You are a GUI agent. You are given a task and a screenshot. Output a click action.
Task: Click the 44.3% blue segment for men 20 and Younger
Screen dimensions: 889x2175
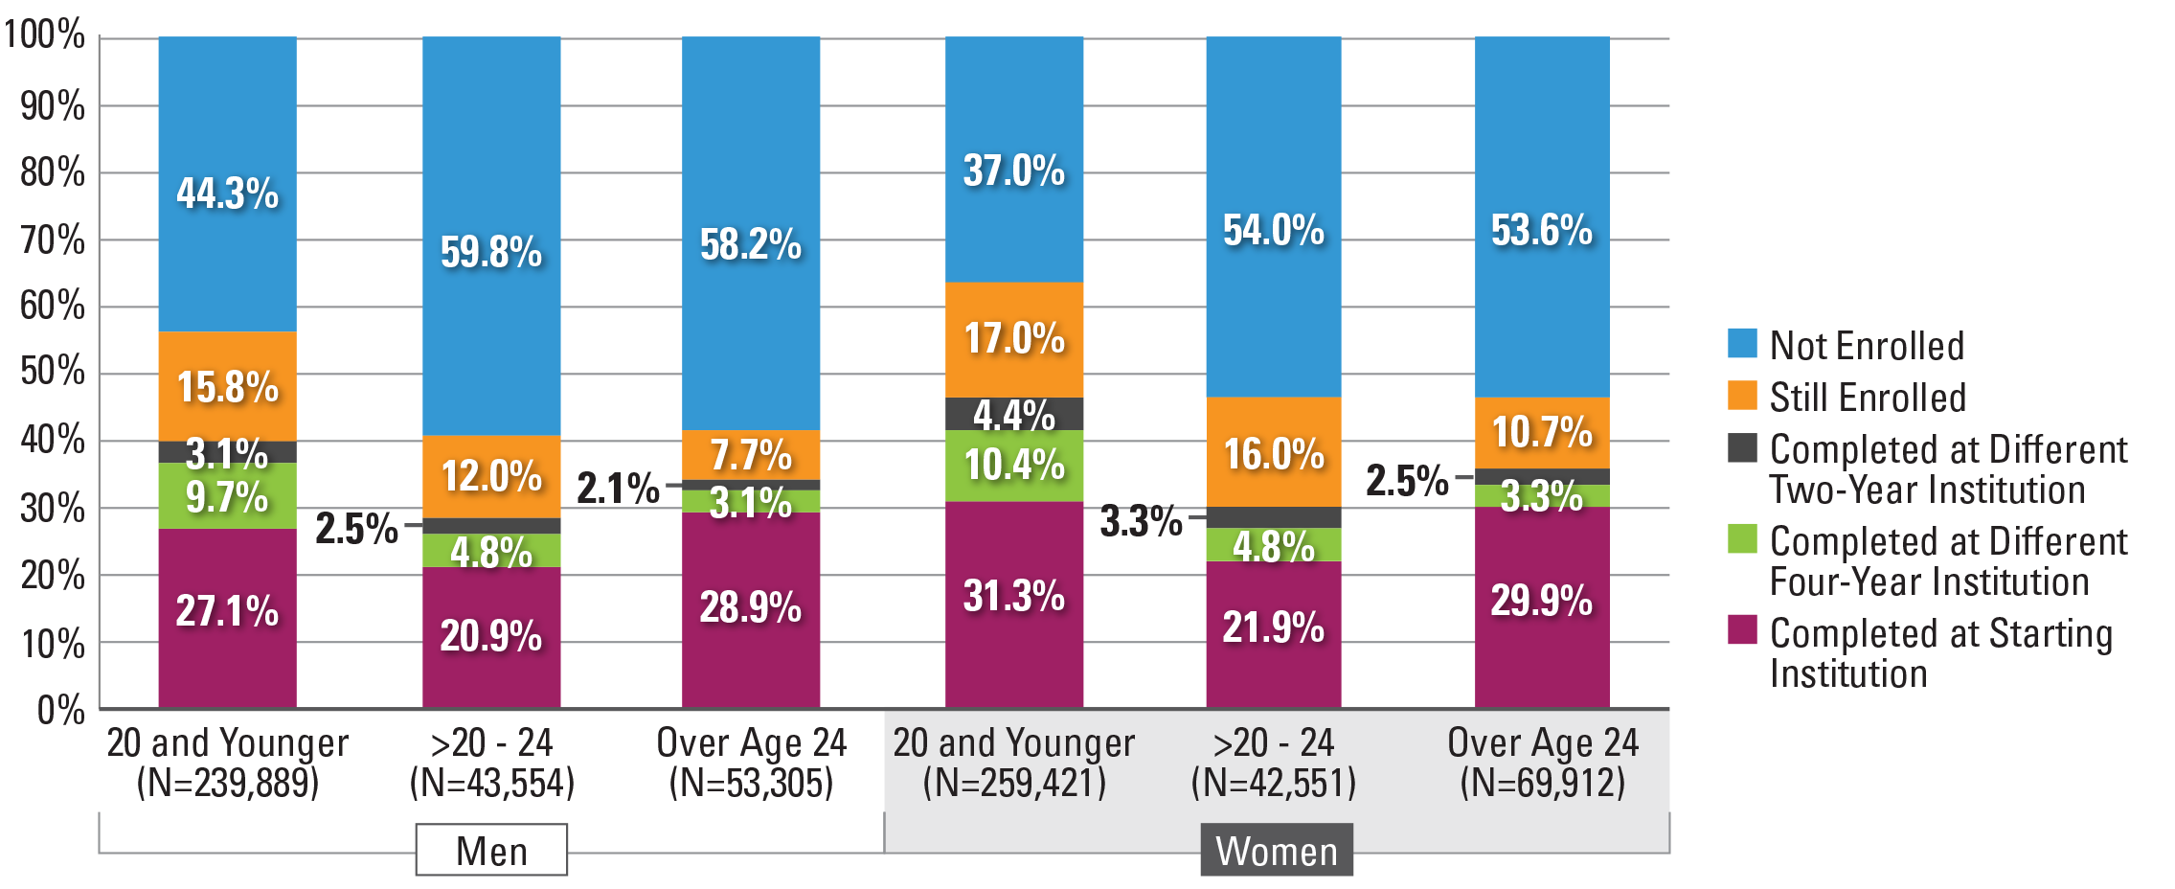point(227,192)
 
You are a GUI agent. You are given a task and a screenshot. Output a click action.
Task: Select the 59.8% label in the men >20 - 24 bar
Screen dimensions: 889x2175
point(491,252)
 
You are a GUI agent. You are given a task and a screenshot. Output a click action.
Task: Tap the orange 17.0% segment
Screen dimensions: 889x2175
point(1014,339)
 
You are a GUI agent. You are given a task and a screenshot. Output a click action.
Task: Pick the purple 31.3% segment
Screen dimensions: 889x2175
point(1014,604)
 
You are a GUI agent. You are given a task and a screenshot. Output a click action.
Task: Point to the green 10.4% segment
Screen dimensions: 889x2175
point(1014,466)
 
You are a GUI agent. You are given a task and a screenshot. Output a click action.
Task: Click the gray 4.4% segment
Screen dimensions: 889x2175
point(1014,414)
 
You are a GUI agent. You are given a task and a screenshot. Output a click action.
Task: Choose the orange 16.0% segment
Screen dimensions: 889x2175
point(1274,452)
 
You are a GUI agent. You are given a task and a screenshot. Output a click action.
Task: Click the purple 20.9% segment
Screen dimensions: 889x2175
point(491,636)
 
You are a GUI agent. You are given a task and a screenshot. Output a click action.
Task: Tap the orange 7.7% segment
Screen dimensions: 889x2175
point(751,454)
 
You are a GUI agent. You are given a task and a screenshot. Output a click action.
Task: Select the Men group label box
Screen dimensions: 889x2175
point(491,850)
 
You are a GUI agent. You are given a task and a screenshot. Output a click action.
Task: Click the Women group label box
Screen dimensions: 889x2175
point(1277,850)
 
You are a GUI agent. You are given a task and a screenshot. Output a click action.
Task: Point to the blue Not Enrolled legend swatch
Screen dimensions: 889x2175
point(1742,343)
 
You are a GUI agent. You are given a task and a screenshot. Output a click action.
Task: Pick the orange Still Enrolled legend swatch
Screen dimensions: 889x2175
point(1742,395)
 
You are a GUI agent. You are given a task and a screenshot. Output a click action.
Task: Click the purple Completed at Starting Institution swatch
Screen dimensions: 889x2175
point(1742,630)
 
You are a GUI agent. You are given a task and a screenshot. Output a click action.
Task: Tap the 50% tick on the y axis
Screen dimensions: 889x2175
point(53,372)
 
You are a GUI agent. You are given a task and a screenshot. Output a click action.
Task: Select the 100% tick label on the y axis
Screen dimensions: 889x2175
point(44,35)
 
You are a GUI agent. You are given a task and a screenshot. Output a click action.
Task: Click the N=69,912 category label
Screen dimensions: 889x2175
point(1543,783)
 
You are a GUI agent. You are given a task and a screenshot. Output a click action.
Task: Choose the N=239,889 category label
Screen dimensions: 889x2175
point(228,783)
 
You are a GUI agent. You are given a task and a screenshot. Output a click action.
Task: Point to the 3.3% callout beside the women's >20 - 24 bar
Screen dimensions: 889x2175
point(1141,521)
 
